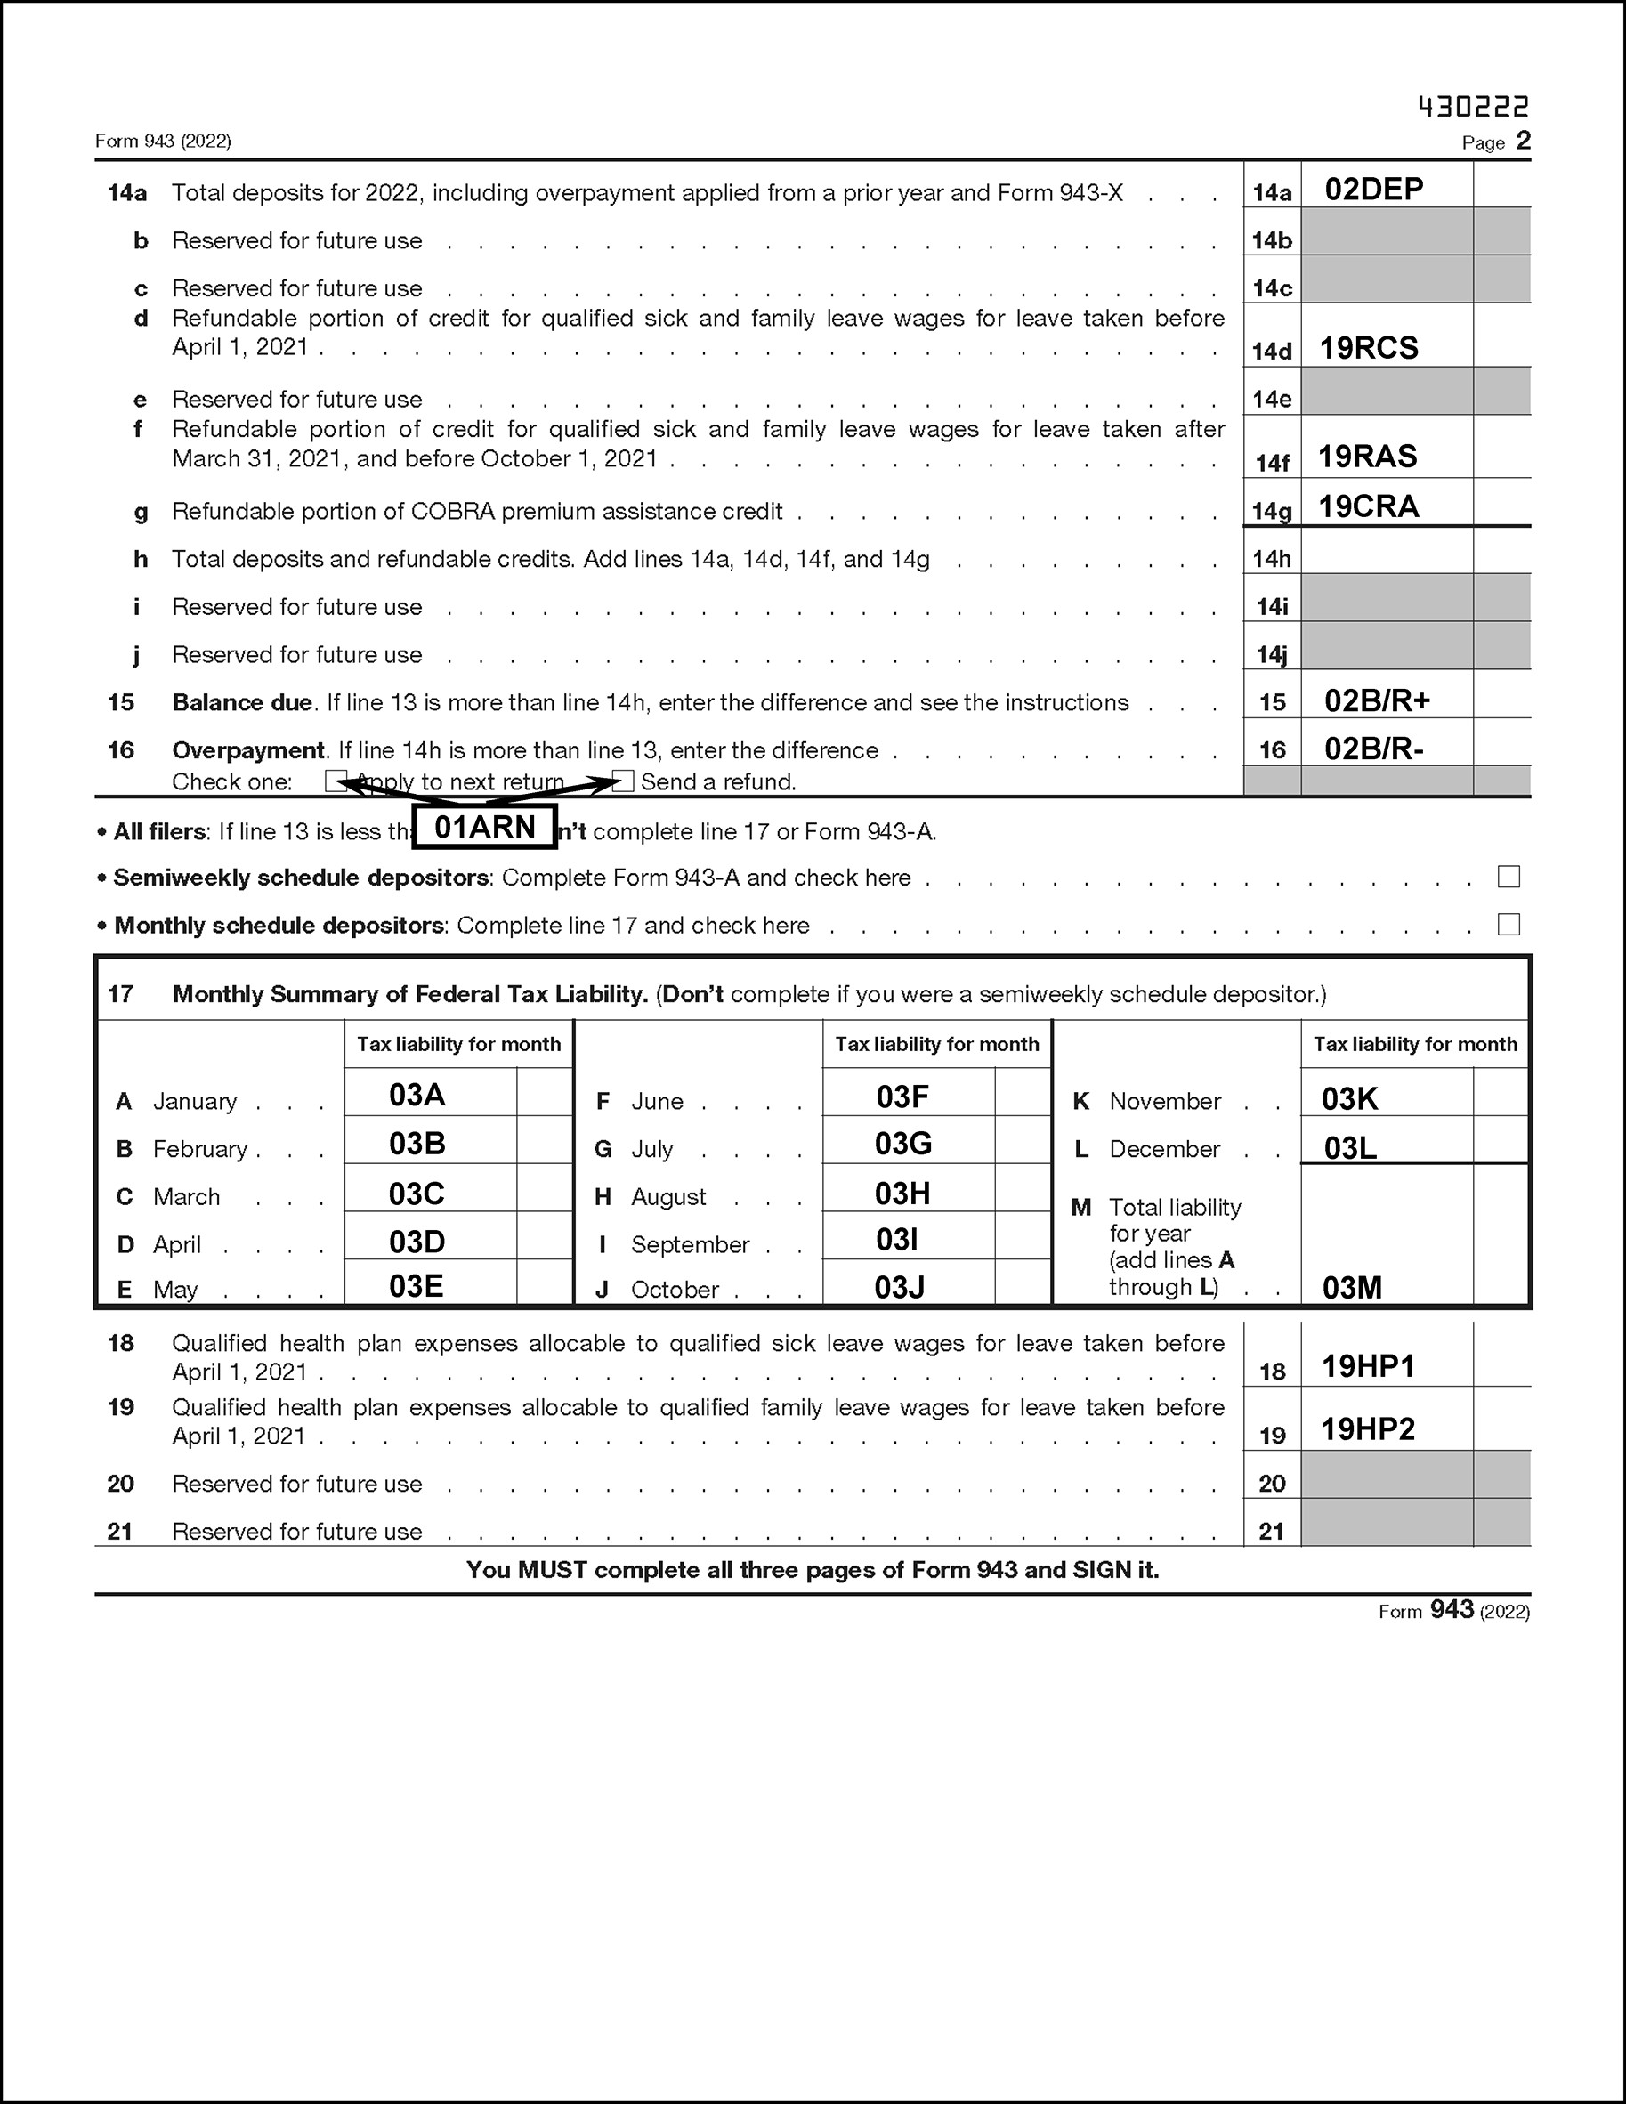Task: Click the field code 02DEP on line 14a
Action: [x=1372, y=189]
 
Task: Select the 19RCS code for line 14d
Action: [x=1368, y=348]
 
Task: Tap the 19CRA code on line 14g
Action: [x=1368, y=506]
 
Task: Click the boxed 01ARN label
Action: [x=484, y=827]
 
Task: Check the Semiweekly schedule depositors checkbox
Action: [x=1509, y=877]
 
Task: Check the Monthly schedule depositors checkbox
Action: [x=1509, y=925]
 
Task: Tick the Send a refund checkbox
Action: [x=623, y=781]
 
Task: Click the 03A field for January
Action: [x=417, y=1096]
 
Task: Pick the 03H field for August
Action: [x=902, y=1194]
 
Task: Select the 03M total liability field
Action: [x=1352, y=1288]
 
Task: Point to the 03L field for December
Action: [x=1349, y=1148]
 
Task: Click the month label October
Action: [x=675, y=1290]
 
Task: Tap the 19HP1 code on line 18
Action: [x=1368, y=1366]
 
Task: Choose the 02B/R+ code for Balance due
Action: [x=1377, y=700]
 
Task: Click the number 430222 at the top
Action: [x=1473, y=106]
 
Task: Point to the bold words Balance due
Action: [x=242, y=702]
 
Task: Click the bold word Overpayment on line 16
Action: [x=248, y=750]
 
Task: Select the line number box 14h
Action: [x=1272, y=559]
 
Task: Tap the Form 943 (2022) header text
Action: [x=163, y=142]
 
